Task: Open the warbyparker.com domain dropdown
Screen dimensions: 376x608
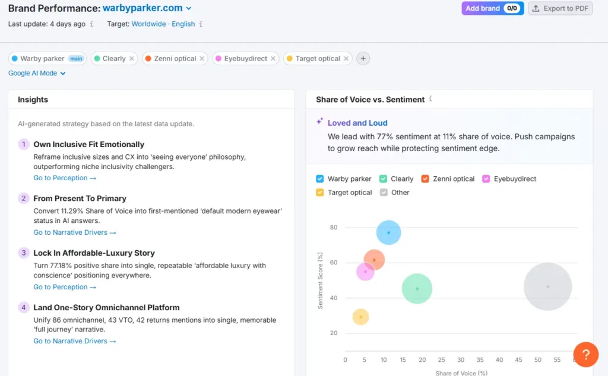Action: click(189, 8)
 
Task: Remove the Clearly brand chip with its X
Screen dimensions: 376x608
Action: click(132, 59)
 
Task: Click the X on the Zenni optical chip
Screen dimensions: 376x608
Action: click(202, 59)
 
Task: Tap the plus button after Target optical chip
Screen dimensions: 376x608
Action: click(363, 59)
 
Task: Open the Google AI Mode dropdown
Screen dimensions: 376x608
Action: click(37, 74)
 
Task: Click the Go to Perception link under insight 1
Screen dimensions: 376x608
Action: click(64, 178)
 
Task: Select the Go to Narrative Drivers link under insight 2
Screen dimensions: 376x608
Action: click(74, 232)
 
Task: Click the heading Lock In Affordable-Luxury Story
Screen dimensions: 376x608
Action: click(94, 253)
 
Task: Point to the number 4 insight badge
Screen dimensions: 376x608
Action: click(24, 307)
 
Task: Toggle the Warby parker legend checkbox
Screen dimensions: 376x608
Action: click(320, 179)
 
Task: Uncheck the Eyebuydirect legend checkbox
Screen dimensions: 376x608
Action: click(486, 179)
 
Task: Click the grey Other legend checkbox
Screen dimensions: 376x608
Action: click(384, 192)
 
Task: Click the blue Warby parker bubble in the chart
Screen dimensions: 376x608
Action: click(388, 232)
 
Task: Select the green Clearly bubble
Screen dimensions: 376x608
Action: click(417, 289)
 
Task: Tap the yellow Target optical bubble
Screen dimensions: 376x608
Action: click(360, 317)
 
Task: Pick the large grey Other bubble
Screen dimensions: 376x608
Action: click(547, 286)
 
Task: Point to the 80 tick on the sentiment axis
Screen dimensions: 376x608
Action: click(333, 228)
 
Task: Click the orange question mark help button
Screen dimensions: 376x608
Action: click(585, 355)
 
